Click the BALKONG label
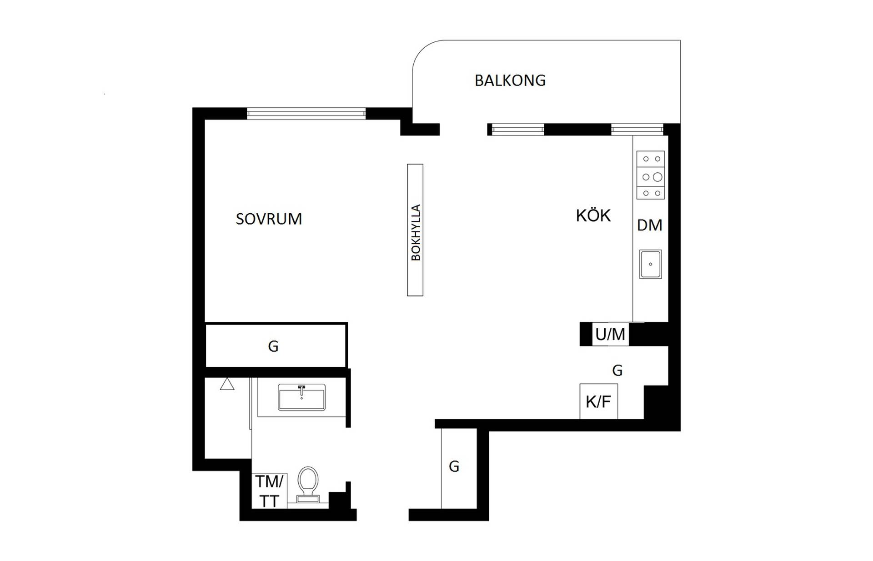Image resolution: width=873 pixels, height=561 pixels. coord(510,80)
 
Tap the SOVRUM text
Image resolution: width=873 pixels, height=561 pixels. coord(269,219)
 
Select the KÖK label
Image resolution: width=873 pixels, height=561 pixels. coord(593,215)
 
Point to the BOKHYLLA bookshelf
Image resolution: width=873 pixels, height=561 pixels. coord(415,230)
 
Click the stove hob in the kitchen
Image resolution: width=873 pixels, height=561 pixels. coord(651,175)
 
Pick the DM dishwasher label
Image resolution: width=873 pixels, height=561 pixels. coord(649,225)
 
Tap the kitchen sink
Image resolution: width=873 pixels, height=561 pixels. coord(651,264)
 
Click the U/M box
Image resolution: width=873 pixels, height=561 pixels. coord(610,334)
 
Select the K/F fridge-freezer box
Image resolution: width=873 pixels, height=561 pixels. coord(598,401)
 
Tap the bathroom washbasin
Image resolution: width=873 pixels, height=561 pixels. coord(301,397)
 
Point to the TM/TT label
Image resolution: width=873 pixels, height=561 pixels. coord(269,491)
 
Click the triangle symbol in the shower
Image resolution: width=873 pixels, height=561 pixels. coord(227,384)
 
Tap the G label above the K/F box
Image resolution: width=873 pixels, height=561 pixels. coord(617,371)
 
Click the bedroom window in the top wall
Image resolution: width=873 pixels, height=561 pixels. coord(306,113)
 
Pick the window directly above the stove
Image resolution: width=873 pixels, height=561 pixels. coord(637,130)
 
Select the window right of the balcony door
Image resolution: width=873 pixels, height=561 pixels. coord(518,130)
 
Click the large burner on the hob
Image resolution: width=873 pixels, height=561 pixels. coord(657,177)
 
